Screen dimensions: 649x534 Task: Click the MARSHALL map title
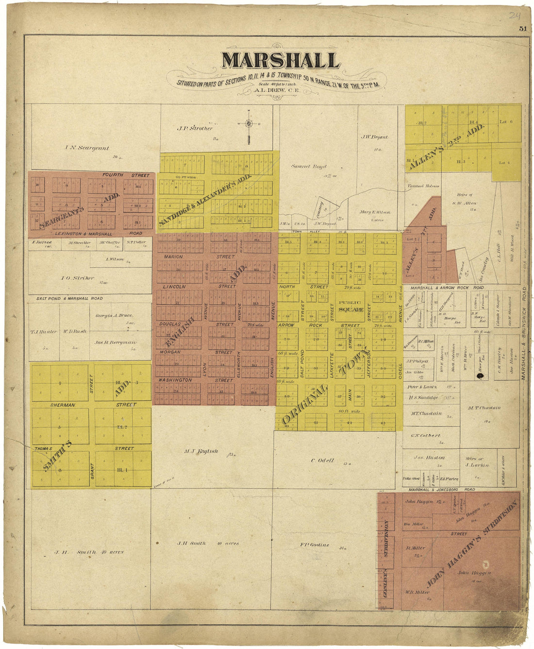(x=280, y=61)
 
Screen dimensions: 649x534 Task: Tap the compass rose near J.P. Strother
(x=249, y=124)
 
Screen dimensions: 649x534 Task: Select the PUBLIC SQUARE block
(x=350, y=306)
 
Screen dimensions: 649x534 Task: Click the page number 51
(x=522, y=29)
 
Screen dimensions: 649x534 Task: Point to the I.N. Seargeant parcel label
(x=87, y=148)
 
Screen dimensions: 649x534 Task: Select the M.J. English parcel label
(x=201, y=451)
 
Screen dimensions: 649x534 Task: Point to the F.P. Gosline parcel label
(x=315, y=545)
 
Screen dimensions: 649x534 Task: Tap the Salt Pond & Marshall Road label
(x=69, y=298)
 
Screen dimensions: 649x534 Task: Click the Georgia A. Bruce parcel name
(x=114, y=315)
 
